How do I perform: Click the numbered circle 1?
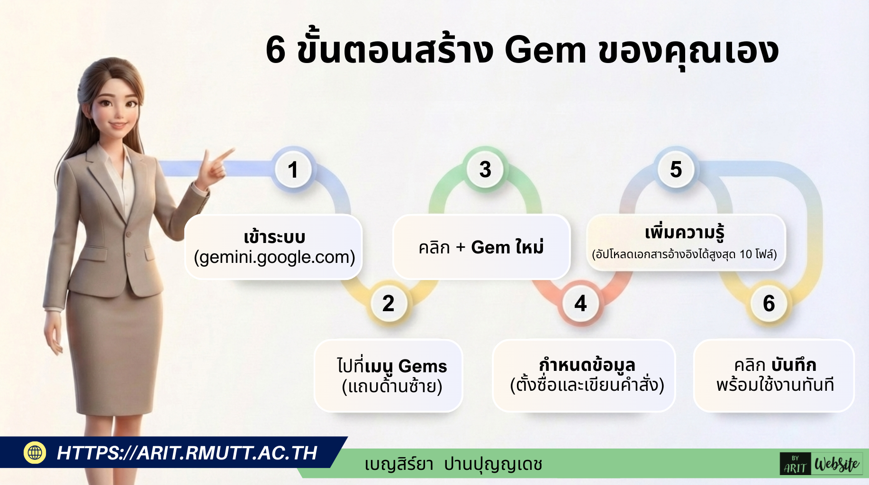point(293,170)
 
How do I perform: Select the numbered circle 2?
point(389,303)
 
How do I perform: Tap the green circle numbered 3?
point(485,170)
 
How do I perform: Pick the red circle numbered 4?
point(580,303)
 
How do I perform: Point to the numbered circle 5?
point(676,170)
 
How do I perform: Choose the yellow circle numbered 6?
point(769,303)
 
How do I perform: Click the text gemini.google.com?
point(274,257)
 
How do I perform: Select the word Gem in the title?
point(545,50)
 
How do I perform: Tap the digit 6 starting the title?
point(276,50)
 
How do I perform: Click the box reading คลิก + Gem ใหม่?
point(481,247)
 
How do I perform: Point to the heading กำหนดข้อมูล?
point(587,365)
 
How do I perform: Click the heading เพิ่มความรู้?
point(684,233)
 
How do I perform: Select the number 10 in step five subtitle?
point(746,254)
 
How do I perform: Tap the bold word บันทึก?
point(794,365)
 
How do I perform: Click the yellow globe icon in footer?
point(35,452)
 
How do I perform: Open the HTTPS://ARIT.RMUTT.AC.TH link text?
point(187,453)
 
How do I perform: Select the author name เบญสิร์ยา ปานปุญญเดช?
point(453,464)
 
